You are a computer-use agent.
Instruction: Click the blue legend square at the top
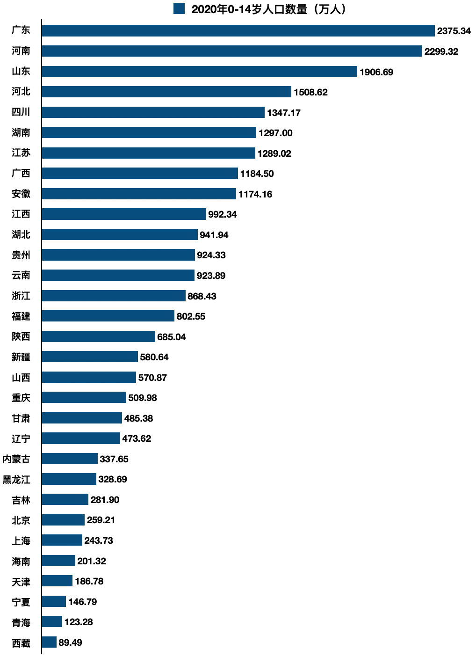pos(179,9)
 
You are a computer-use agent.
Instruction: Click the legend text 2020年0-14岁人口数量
pos(268,9)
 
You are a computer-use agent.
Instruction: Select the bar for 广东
pos(238,31)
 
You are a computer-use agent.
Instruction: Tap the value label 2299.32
pos(441,51)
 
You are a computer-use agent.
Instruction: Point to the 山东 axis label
pos(21,71)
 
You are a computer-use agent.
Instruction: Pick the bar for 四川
pos(153,112)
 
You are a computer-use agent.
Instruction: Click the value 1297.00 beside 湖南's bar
pos(275,133)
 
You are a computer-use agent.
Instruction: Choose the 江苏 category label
pos(21,153)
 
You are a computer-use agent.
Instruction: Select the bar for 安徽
pos(139,194)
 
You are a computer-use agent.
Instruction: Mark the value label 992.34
pos(222,214)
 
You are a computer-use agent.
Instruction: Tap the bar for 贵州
pos(118,255)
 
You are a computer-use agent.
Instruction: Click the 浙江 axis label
pos(21,296)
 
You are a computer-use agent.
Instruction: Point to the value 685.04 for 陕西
pos(171,337)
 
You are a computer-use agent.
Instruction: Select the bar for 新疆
pos(90,357)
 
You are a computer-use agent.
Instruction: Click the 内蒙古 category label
pos(16,459)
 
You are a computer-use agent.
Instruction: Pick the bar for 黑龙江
pos(69,479)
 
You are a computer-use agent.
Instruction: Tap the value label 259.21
pos(101,520)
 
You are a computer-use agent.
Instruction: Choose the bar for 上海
pos(62,540)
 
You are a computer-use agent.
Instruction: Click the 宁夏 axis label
pos(21,602)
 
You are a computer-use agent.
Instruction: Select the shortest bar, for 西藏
pos(49,642)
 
